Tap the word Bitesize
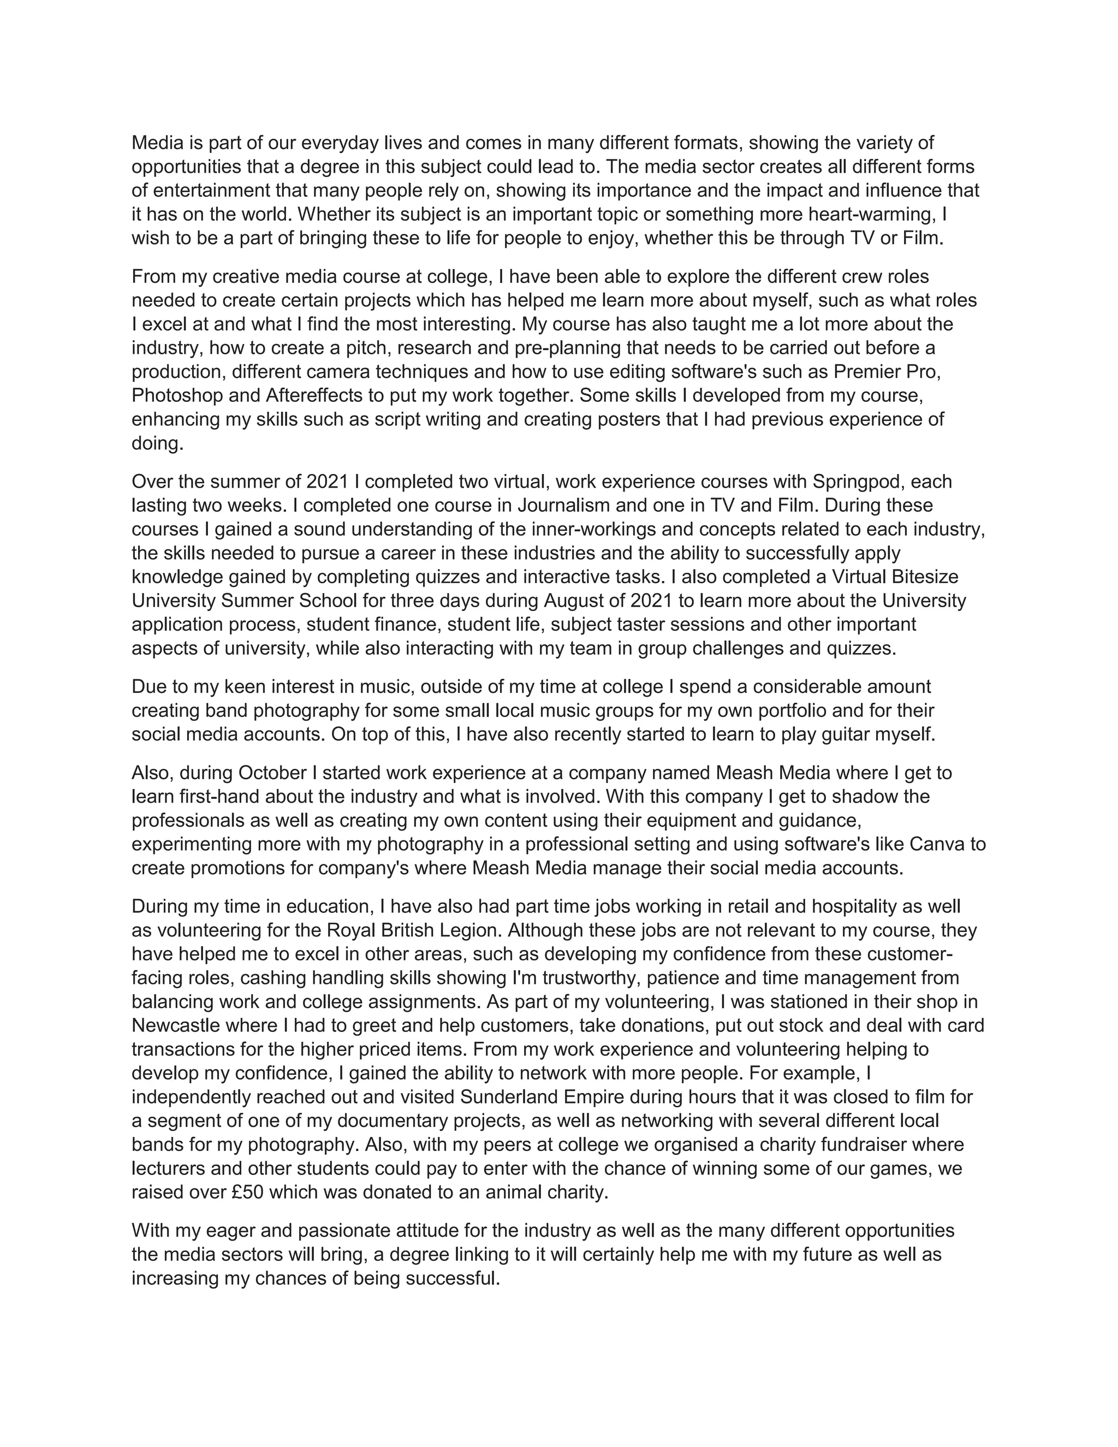[923, 577]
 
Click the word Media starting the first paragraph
[158, 143]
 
